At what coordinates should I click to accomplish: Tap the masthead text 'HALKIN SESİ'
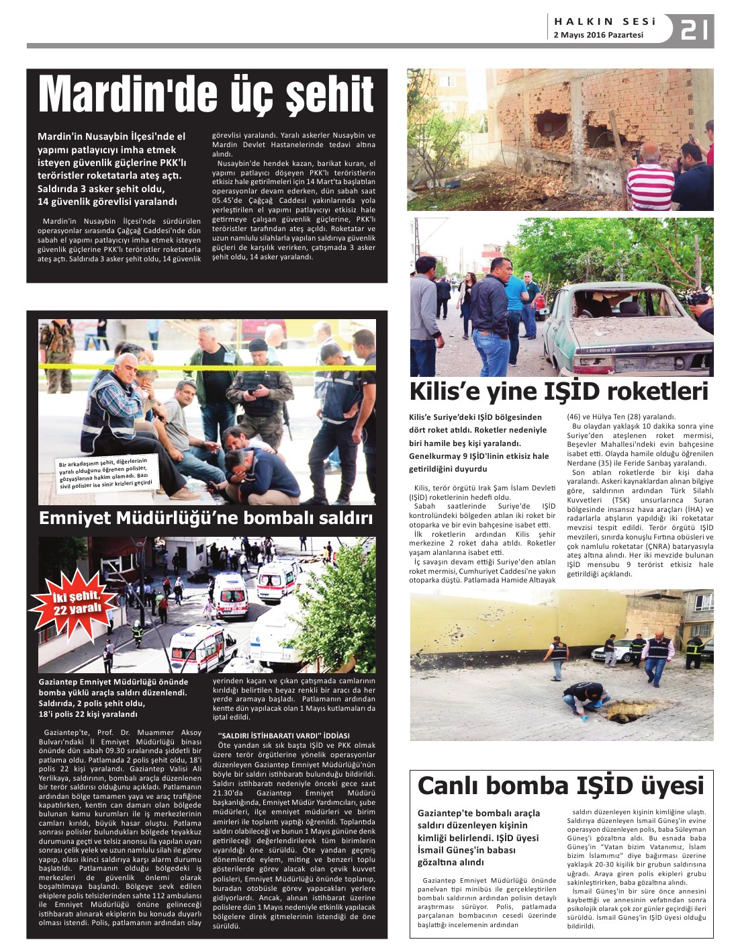604,21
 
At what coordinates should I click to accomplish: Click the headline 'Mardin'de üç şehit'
206,94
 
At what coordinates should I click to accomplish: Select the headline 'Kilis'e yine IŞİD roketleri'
559,391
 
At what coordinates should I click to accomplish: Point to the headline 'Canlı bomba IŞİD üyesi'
561,785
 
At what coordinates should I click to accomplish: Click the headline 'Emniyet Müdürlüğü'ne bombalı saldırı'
205,518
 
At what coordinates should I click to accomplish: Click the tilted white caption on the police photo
105,473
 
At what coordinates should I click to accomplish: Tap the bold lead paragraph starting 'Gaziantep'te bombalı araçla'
478,837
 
